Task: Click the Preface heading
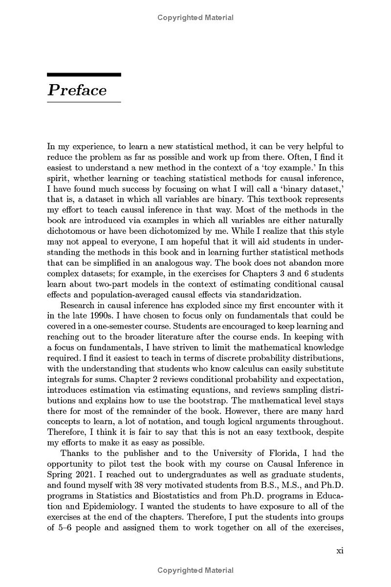point(77,90)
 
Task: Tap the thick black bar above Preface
point(84,74)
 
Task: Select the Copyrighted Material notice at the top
point(195,18)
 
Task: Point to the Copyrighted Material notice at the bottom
point(195,570)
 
